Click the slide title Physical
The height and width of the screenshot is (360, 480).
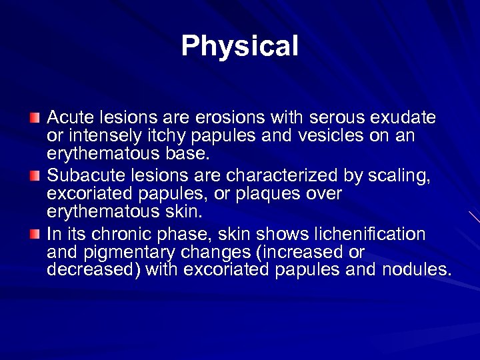coord(240,47)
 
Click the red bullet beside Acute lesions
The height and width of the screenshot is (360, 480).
coord(34,118)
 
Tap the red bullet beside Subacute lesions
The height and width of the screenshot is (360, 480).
coord(34,176)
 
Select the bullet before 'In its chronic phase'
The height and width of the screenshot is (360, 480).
coord(34,234)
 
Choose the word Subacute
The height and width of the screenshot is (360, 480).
coord(83,176)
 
